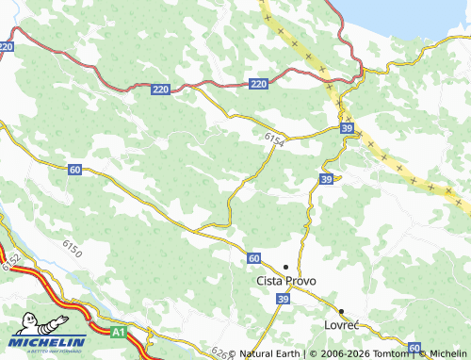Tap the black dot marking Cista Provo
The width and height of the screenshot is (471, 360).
pos(285,267)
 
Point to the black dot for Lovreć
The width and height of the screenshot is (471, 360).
pos(341,310)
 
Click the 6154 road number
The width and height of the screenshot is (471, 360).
pos(274,139)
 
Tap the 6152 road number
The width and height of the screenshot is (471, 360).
pos(11,263)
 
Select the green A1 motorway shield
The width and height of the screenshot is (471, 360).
pos(118,332)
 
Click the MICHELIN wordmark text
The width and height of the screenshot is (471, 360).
pos(49,342)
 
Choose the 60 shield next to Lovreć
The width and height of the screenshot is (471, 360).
pos(414,349)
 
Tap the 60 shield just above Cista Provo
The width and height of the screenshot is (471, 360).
pos(254,257)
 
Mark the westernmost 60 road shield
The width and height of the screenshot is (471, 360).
pos(74,169)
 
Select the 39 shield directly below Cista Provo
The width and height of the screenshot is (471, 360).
pos(282,299)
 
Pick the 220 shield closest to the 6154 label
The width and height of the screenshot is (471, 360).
pos(259,85)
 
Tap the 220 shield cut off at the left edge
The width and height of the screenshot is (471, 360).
pos(6,45)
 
